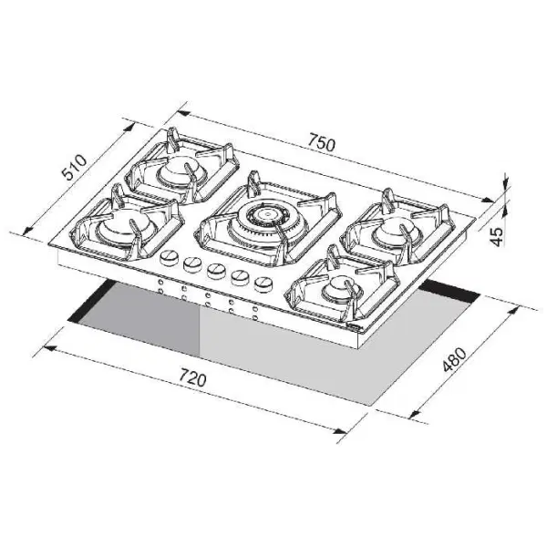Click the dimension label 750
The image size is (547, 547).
[x=321, y=143]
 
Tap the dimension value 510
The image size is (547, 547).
[x=75, y=168]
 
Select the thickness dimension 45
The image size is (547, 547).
[x=497, y=237]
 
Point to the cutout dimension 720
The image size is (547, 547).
[x=192, y=377]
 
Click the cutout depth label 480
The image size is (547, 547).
[x=454, y=360]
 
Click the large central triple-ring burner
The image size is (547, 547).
[x=267, y=222]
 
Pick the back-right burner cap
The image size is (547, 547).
[x=397, y=232]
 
